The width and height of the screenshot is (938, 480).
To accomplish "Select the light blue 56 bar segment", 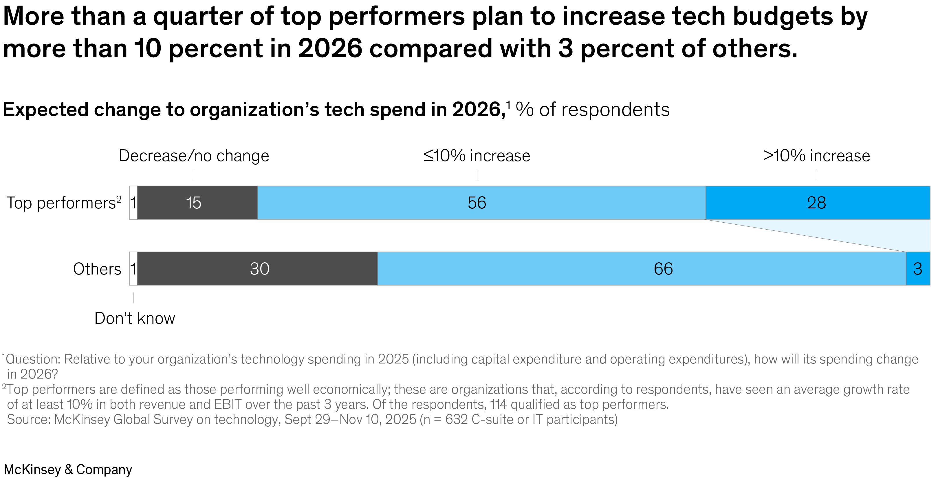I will pyautogui.click(x=481, y=203).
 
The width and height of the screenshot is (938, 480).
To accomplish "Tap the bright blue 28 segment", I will pyautogui.click(x=818, y=203).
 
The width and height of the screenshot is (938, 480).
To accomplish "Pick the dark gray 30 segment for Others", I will pyautogui.click(x=257, y=269).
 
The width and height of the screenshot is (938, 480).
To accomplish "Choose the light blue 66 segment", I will pyautogui.click(x=641, y=269).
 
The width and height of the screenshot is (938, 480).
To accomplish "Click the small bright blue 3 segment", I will pyautogui.click(x=918, y=269).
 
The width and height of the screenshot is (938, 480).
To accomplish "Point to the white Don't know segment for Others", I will pyautogui.click(x=133, y=269).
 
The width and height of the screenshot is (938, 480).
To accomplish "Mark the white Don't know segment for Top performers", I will pyautogui.click(x=133, y=203).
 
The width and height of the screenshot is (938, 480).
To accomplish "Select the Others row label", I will pyautogui.click(x=97, y=269).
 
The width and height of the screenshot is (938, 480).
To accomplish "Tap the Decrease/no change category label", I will pyautogui.click(x=194, y=156).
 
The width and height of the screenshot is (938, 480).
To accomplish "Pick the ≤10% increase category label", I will pyautogui.click(x=477, y=156).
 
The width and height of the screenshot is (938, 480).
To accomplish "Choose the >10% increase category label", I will pyautogui.click(x=816, y=156).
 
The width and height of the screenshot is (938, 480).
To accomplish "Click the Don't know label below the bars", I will pyautogui.click(x=135, y=318).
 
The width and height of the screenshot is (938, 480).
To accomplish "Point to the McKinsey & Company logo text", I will pyautogui.click(x=68, y=470).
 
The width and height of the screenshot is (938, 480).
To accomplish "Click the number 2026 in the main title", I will pyautogui.click(x=330, y=48).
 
